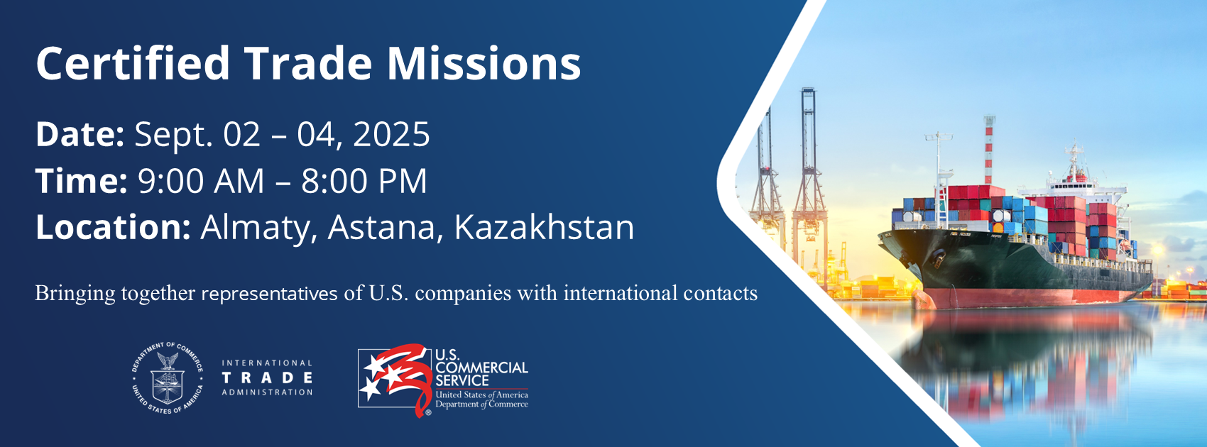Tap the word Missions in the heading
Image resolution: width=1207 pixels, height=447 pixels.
pos(484,64)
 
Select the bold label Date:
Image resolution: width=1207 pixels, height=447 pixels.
pos(80,134)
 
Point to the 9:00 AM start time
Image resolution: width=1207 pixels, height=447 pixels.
pos(201,181)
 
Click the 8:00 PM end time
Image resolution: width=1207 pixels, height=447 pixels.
pos(364,181)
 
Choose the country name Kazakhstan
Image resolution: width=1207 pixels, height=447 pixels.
pos(544,228)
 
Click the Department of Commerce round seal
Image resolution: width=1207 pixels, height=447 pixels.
pos(168,378)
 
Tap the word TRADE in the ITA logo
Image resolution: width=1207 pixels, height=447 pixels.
pos(267,378)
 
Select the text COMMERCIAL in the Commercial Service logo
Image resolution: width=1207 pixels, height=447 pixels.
pos(481,368)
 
